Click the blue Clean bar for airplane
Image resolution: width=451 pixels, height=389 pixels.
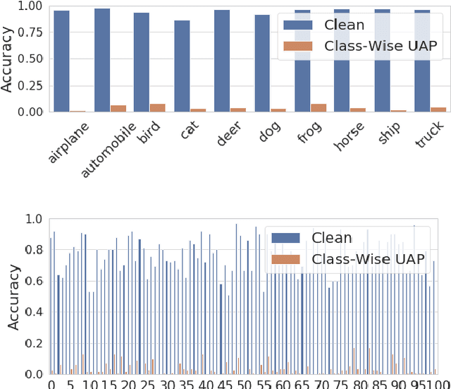pos(61,61)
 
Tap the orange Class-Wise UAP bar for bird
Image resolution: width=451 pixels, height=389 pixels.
pos(157,108)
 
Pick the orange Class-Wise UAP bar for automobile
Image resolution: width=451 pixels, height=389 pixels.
pos(118,109)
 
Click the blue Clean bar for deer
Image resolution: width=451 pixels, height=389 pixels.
pos(222,61)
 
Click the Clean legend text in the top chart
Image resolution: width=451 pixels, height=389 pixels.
pos(343,25)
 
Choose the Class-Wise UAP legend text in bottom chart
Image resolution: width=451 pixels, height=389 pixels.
pos(369,260)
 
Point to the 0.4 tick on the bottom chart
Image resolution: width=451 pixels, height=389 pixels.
pos(35,312)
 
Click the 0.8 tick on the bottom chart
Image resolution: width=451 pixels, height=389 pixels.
pos(35,250)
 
